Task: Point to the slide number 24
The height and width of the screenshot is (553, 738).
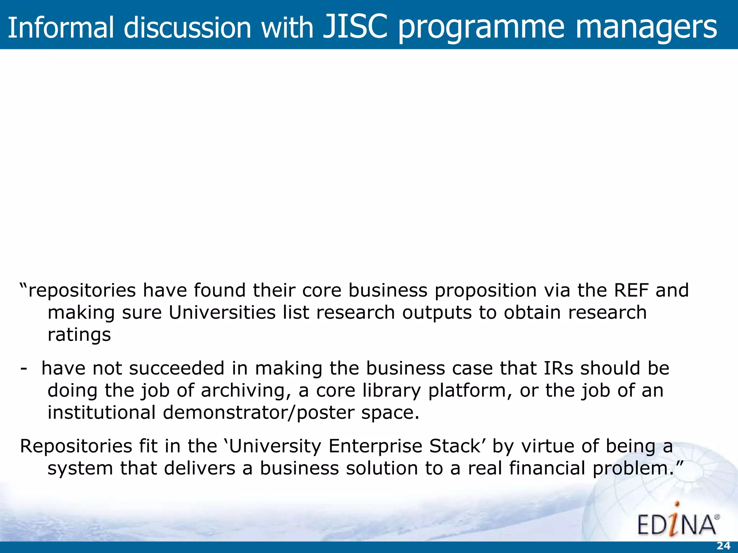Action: click(723, 546)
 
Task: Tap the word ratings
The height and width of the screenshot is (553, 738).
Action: click(79, 334)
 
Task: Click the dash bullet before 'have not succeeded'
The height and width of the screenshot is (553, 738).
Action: click(24, 368)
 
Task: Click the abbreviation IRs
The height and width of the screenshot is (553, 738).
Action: click(558, 368)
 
